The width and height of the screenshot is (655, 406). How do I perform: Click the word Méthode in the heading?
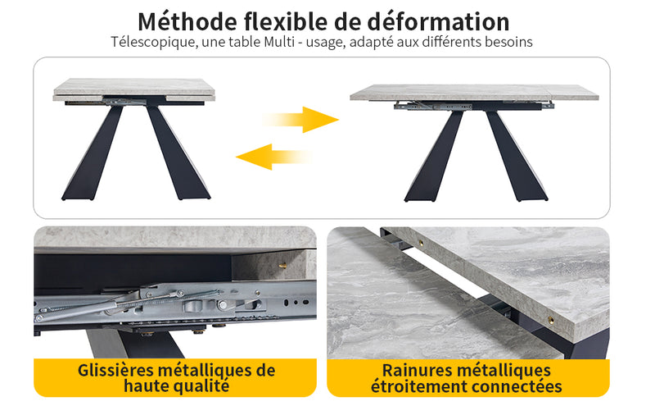click(x=187, y=22)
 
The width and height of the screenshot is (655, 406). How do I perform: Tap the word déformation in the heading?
click(x=438, y=22)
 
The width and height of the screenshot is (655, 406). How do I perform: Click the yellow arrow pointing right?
click(x=300, y=120)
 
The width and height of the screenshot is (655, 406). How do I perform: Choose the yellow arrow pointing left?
click(x=273, y=157)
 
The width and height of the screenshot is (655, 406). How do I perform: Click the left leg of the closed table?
click(x=92, y=153)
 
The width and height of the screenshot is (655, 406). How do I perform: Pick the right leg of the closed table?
click(x=178, y=153)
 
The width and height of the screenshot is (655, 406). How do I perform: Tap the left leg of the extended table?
click(x=434, y=156)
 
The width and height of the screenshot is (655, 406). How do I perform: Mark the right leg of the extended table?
click(x=517, y=156)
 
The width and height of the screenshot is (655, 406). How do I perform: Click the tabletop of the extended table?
click(x=474, y=93)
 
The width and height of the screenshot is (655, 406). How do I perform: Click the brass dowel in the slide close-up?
click(x=282, y=266)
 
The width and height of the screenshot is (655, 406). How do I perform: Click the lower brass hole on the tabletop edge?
click(x=551, y=321)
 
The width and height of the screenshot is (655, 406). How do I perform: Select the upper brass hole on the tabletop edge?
click(x=421, y=243)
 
